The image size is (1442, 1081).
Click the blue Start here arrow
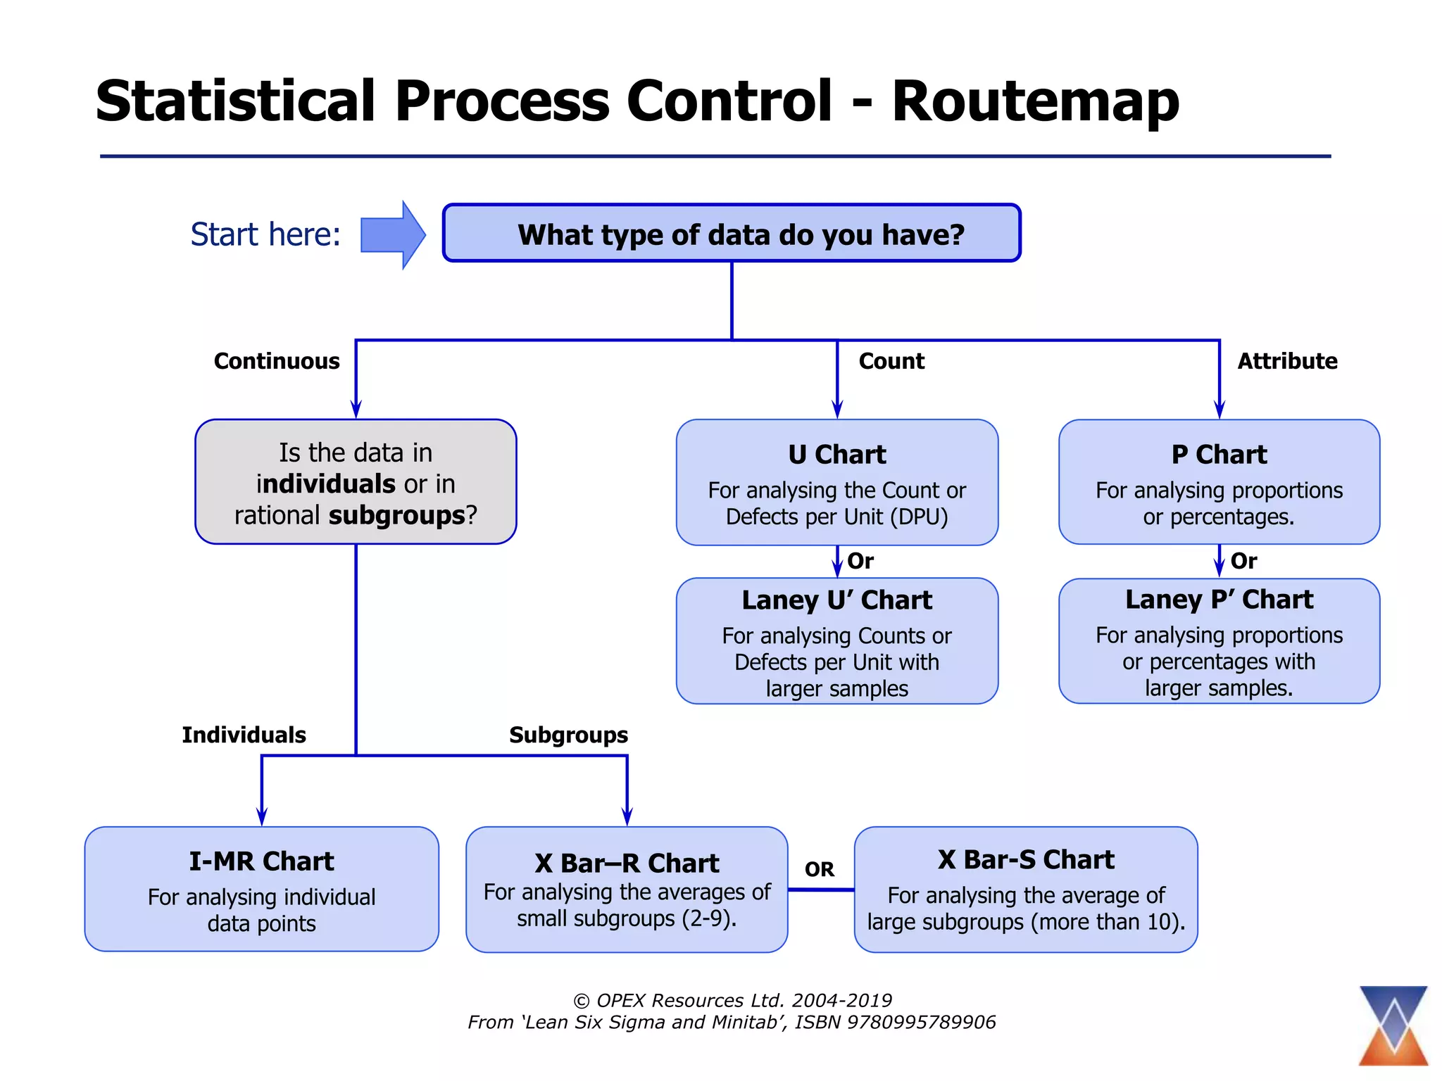tap(391, 235)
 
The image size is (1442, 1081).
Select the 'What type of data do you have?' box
tap(732, 234)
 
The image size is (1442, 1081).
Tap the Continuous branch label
tap(277, 361)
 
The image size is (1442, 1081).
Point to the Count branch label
tap(891, 361)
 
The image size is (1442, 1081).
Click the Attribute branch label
tap(1287, 361)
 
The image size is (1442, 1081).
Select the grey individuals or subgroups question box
tap(356, 483)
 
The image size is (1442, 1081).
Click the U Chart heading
tap(836, 455)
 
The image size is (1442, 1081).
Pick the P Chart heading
tap(1219, 455)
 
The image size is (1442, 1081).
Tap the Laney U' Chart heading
tap(836, 600)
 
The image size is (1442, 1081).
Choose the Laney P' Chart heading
tap(1219, 600)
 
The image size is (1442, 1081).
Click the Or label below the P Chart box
tap(1243, 561)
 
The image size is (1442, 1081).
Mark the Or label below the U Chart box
tap(860, 561)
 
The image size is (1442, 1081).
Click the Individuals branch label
tap(244, 735)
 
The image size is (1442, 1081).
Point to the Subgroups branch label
tap(568, 735)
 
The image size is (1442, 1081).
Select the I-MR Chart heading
tap(261, 861)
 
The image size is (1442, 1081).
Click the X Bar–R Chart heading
tap(627, 864)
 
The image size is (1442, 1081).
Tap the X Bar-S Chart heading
tap(1026, 860)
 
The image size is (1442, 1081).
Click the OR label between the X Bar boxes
tap(820, 869)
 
